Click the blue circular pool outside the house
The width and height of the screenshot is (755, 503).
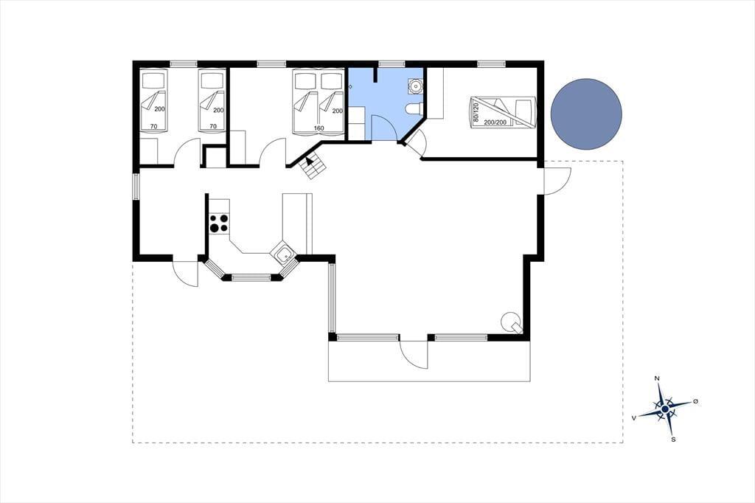point(586,114)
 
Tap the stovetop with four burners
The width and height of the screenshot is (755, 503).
point(219,223)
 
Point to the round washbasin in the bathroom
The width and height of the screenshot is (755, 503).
point(414,86)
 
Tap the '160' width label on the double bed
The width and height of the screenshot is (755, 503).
point(319,128)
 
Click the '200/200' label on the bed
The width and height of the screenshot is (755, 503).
point(495,122)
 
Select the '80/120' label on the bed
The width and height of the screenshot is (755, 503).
point(476,111)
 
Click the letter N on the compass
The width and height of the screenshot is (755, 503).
point(657,378)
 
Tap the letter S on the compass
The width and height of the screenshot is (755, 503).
point(673,440)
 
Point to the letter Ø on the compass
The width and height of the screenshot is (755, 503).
point(695,401)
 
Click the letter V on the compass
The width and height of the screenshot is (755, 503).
point(635,417)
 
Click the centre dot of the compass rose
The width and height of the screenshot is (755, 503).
point(665,409)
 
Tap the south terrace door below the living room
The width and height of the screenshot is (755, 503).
point(413,354)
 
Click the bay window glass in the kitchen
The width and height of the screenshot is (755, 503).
point(251,277)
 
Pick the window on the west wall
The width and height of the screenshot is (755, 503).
point(136,187)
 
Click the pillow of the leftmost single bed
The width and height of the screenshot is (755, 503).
point(153,80)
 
